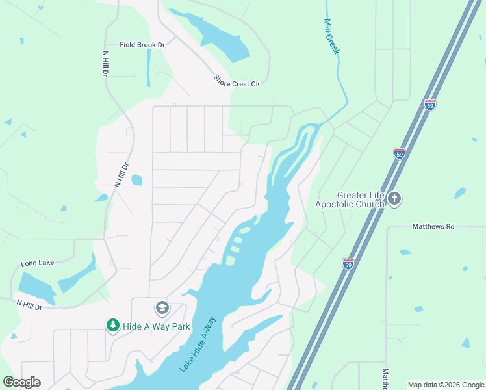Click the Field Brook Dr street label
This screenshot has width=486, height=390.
[x=143, y=45]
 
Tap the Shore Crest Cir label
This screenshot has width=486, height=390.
[x=237, y=80]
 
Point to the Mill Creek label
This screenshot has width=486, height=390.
[x=331, y=36]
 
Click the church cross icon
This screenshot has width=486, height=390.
[x=394, y=199]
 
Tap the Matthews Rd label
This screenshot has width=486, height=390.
[x=433, y=227]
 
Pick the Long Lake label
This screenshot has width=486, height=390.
[x=36, y=263]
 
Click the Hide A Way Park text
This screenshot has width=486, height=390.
[x=157, y=326]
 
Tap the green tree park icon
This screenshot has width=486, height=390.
[x=113, y=325]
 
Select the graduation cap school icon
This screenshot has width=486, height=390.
[x=162, y=307]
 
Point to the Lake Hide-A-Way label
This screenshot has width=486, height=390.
[x=198, y=344]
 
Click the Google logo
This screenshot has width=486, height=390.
[x=21, y=382]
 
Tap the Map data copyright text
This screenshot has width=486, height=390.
[x=446, y=385]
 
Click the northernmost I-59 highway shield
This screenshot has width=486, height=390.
[x=430, y=104]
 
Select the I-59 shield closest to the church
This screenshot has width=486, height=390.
[x=399, y=153]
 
